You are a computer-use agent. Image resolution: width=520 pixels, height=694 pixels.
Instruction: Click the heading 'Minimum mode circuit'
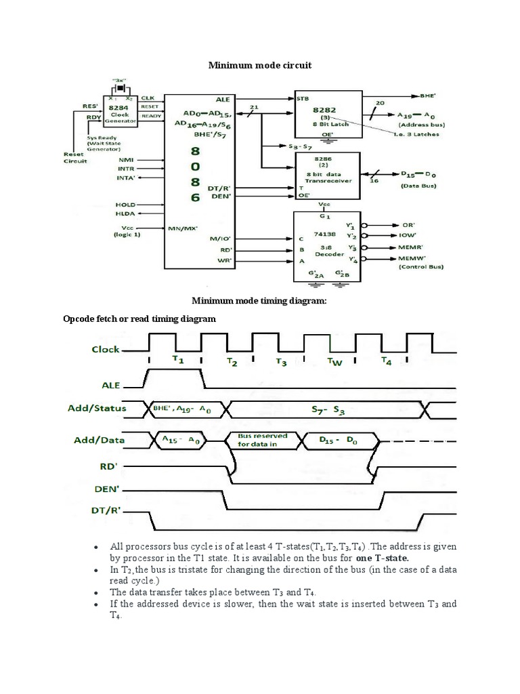[x=259, y=64]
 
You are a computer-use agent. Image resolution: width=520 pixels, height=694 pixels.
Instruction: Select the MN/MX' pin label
[x=182, y=228]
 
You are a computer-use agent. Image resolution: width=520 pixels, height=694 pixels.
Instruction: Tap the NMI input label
[x=126, y=161]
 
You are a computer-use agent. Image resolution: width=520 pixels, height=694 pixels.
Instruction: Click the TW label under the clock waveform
[x=335, y=362]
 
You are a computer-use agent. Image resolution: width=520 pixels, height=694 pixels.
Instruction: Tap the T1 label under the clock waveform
[x=178, y=361]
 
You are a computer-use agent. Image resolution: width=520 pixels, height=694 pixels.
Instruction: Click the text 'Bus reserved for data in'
[x=263, y=441]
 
